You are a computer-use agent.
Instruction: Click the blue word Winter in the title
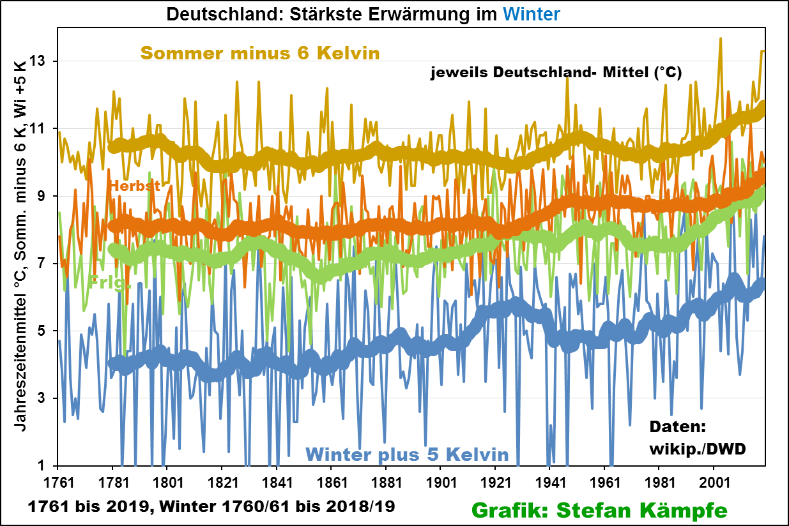[x=530, y=13]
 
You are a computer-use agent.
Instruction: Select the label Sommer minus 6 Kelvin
[x=260, y=52]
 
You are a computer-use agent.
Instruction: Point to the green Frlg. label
[x=109, y=282]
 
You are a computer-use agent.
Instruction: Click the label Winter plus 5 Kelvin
[x=407, y=455]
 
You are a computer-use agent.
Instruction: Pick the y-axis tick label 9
[x=42, y=196]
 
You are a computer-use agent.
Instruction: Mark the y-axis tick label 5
[x=42, y=331]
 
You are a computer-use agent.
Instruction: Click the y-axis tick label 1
[x=42, y=465]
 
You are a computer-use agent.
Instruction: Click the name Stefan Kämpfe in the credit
[x=643, y=509]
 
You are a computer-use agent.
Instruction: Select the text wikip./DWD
[x=698, y=449]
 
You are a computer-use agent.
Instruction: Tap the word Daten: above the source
[x=676, y=427]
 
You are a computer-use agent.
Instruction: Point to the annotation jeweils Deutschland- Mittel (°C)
[x=556, y=73]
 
